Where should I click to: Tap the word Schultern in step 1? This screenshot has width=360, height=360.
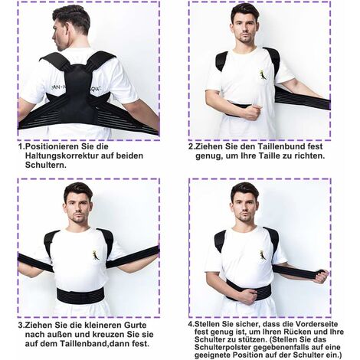[44, 165]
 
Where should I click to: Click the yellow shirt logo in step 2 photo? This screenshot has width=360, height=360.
[263, 75]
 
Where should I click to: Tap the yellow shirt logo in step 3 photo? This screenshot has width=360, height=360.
[96, 255]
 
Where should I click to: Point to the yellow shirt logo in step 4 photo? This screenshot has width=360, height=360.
[263, 255]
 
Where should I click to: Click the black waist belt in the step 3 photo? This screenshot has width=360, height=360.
[80, 296]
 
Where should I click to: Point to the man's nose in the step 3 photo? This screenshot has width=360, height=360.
[77, 210]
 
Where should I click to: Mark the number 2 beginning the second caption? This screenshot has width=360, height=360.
[191, 146]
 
